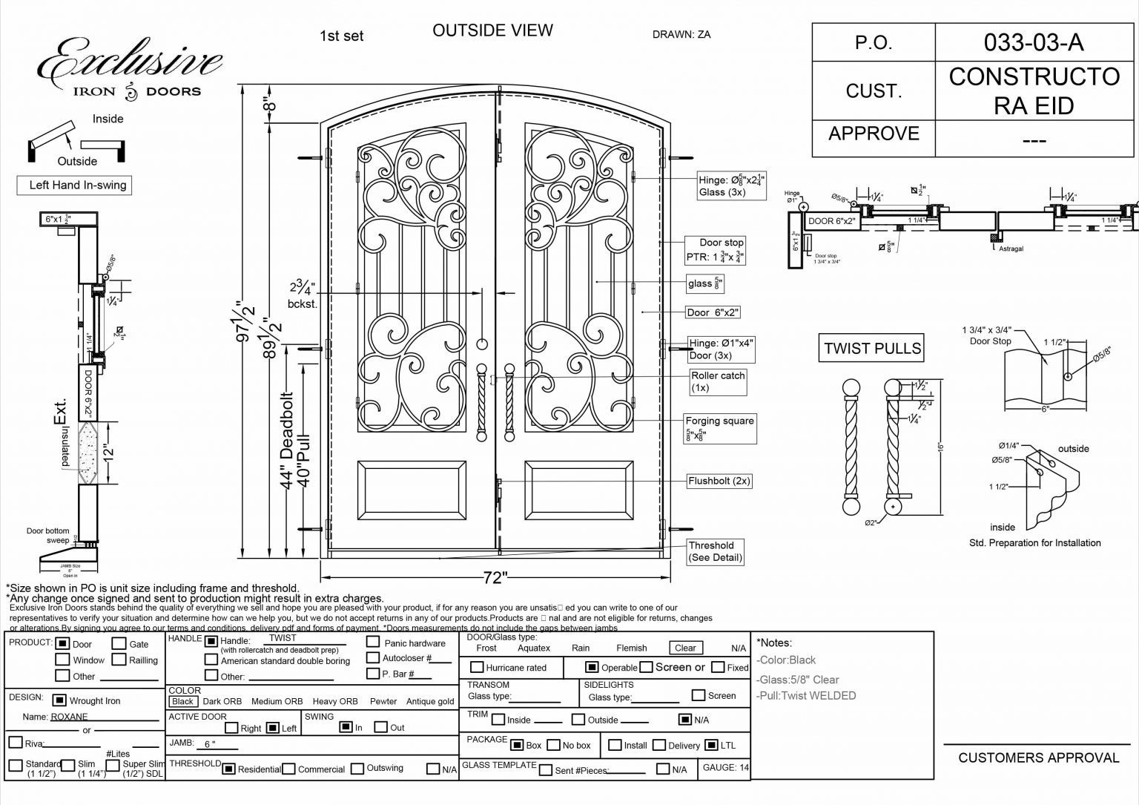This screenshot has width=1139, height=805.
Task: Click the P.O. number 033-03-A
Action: pos(1034,42)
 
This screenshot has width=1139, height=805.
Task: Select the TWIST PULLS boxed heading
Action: pos(873,348)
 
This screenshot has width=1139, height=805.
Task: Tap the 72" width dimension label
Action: pos(495,577)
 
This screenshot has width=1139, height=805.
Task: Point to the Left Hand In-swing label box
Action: pos(74,185)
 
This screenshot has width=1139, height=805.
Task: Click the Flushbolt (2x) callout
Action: pos(719,481)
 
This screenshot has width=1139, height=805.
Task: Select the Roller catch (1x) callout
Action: pos(718,381)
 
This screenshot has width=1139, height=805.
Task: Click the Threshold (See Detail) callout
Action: pos(715,551)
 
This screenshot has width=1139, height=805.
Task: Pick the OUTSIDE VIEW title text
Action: pos(492,30)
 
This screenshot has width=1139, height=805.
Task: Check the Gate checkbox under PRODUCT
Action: pos(119,644)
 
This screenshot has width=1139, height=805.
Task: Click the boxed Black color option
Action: pos(182,701)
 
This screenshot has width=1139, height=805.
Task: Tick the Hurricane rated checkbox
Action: pos(478,668)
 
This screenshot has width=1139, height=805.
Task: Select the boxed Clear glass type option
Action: pos(685,648)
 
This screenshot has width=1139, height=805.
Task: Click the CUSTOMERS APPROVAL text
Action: pos(1038,758)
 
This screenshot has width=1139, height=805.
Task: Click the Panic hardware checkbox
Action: pos(374,643)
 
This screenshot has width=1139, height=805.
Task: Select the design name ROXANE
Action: pos(69,717)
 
